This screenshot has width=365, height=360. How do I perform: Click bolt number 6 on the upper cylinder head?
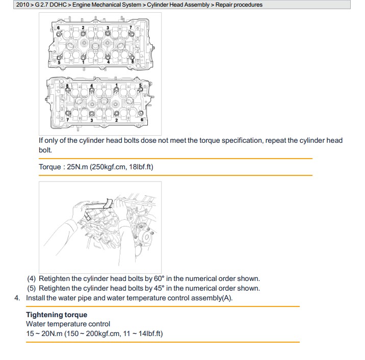[x=61, y=34]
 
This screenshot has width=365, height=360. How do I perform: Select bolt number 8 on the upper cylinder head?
[x=134, y=57]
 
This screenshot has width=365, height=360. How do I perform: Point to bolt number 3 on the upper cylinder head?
[x=108, y=34]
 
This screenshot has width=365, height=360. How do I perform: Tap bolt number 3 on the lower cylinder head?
[x=92, y=114]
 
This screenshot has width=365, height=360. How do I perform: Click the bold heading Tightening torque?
[x=57, y=315]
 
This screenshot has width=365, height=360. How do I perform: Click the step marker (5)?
[x=32, y=288]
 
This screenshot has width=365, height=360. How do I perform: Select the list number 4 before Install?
[x=17, y=298]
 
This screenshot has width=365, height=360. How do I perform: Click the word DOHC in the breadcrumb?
[x=57, y=5]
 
